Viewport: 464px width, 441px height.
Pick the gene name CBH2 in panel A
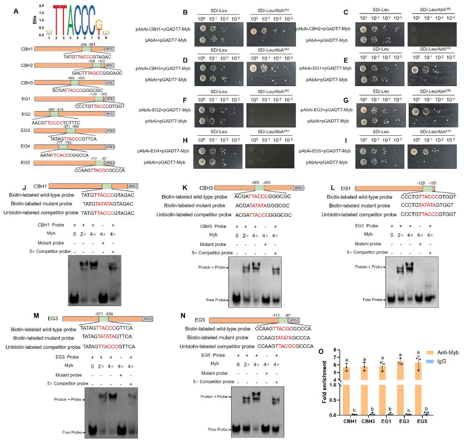25,66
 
